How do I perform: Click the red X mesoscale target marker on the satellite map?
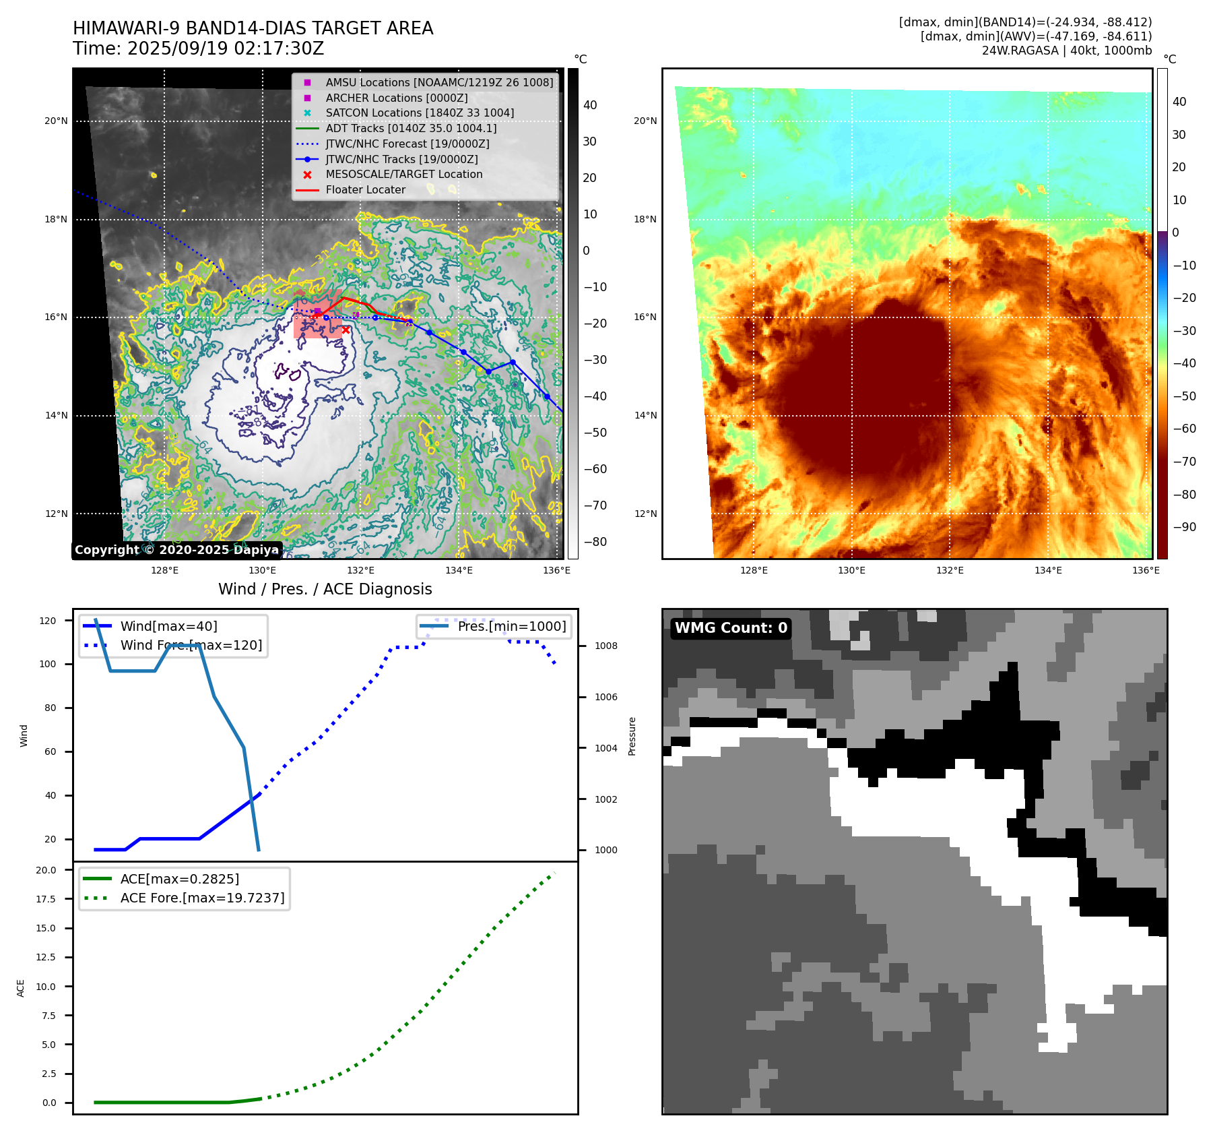[x=346, y=330]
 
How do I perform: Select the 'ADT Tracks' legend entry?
[x=411, y=128]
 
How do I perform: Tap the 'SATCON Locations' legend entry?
[x=419, y=113]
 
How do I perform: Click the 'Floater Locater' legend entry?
[x=365, y=189]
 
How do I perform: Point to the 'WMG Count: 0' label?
[x=731, y=628]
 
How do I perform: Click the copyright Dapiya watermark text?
[x=176, y=550]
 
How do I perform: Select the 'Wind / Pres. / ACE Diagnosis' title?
[x=325, y=589]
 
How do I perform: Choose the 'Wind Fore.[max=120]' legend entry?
[x=191, y=645]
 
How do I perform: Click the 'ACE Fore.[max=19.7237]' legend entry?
[x=202, y=898]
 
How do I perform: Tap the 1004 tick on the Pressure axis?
[x=605, y=748]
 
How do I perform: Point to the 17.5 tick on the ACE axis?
[x=46, y=899]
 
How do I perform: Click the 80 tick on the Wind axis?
[x=50, y=708]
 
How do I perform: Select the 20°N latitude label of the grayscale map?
[x=56, y=121]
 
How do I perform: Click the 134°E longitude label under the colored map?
[x=1048, y=570]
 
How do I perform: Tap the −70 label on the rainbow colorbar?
[x=1184, y=462]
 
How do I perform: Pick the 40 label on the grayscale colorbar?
[x=590, y=105]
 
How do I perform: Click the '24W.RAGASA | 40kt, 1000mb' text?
[x=1066, y=51]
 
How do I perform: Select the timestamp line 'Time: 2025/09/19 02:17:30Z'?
[x=198, y=49]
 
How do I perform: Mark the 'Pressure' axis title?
[x=632, y=736]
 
